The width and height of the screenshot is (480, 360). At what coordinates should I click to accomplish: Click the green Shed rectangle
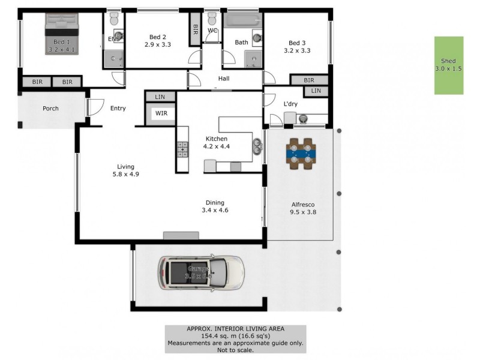point(449,65)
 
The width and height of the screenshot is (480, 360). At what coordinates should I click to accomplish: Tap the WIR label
point(161,113)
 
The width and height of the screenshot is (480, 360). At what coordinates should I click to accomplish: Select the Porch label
point(50,109)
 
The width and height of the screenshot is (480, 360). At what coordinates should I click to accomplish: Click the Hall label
point(223,79)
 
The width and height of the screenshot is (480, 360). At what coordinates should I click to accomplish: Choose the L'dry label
point(290,104)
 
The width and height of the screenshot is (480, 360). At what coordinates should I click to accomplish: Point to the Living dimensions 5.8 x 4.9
point(126,175)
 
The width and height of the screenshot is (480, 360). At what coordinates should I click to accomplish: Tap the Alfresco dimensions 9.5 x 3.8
point(303,212)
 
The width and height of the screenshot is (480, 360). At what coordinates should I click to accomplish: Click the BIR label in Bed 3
point(309,80)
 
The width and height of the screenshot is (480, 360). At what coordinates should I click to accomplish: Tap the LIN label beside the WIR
point(160,97)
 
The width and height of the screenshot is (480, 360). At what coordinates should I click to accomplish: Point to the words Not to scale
point(235,350)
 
